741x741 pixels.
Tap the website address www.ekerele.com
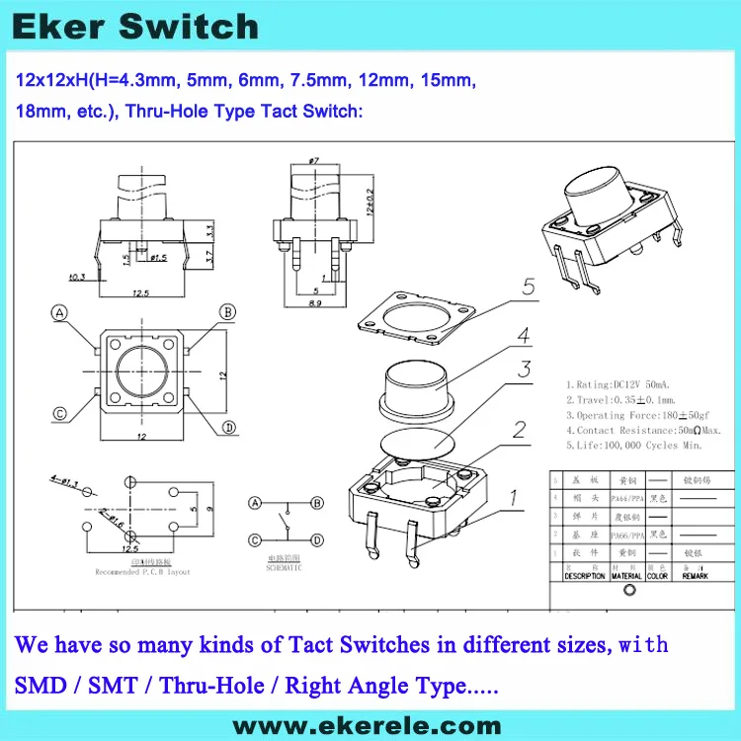[x=370, y=723]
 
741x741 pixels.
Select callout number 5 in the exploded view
[x=528, y=288]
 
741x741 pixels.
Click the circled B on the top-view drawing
[x=227, y=313]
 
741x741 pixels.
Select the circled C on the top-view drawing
[x=60, y=414]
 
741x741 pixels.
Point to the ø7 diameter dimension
[x=314, y=160]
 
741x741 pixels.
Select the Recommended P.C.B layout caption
[x=143, y=572]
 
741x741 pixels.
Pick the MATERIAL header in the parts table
[x=626, y=575]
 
